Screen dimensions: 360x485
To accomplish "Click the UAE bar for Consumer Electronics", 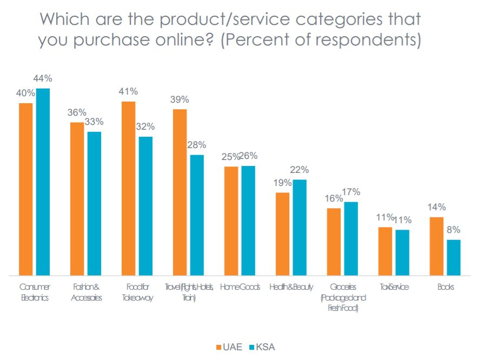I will pos(26,189).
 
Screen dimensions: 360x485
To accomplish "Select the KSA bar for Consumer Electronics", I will pos(43,182).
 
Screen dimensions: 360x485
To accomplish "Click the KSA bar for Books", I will pos(454,257).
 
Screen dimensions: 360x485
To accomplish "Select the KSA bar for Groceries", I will pos(351,238).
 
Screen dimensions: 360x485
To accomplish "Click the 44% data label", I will pos(43,79).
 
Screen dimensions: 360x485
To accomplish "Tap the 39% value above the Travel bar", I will pos(180,99).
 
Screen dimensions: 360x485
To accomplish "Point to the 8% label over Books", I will pos(454,230).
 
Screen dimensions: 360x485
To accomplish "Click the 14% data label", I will pos(436,207).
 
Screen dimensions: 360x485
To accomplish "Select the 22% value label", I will pos(300,170).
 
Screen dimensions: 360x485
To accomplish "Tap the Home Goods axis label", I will pos(240,287).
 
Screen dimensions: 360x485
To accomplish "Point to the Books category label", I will pos(446,287).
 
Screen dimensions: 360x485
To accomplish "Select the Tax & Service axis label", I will pos(394,287).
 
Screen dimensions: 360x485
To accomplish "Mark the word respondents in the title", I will pos(367,41).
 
